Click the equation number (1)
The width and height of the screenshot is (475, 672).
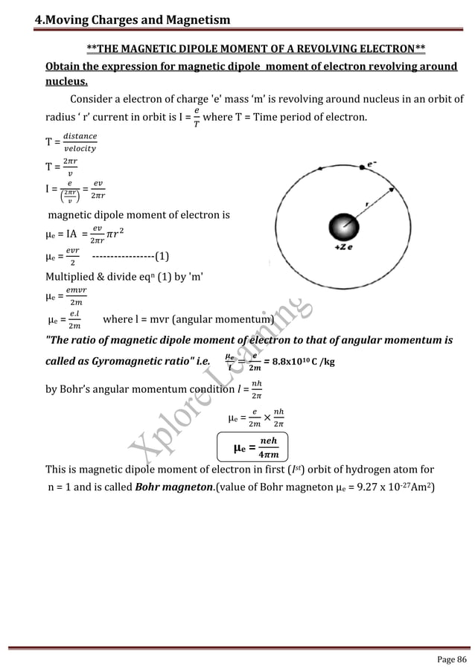point(162,258)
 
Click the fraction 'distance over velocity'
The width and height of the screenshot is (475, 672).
point(78,139)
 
